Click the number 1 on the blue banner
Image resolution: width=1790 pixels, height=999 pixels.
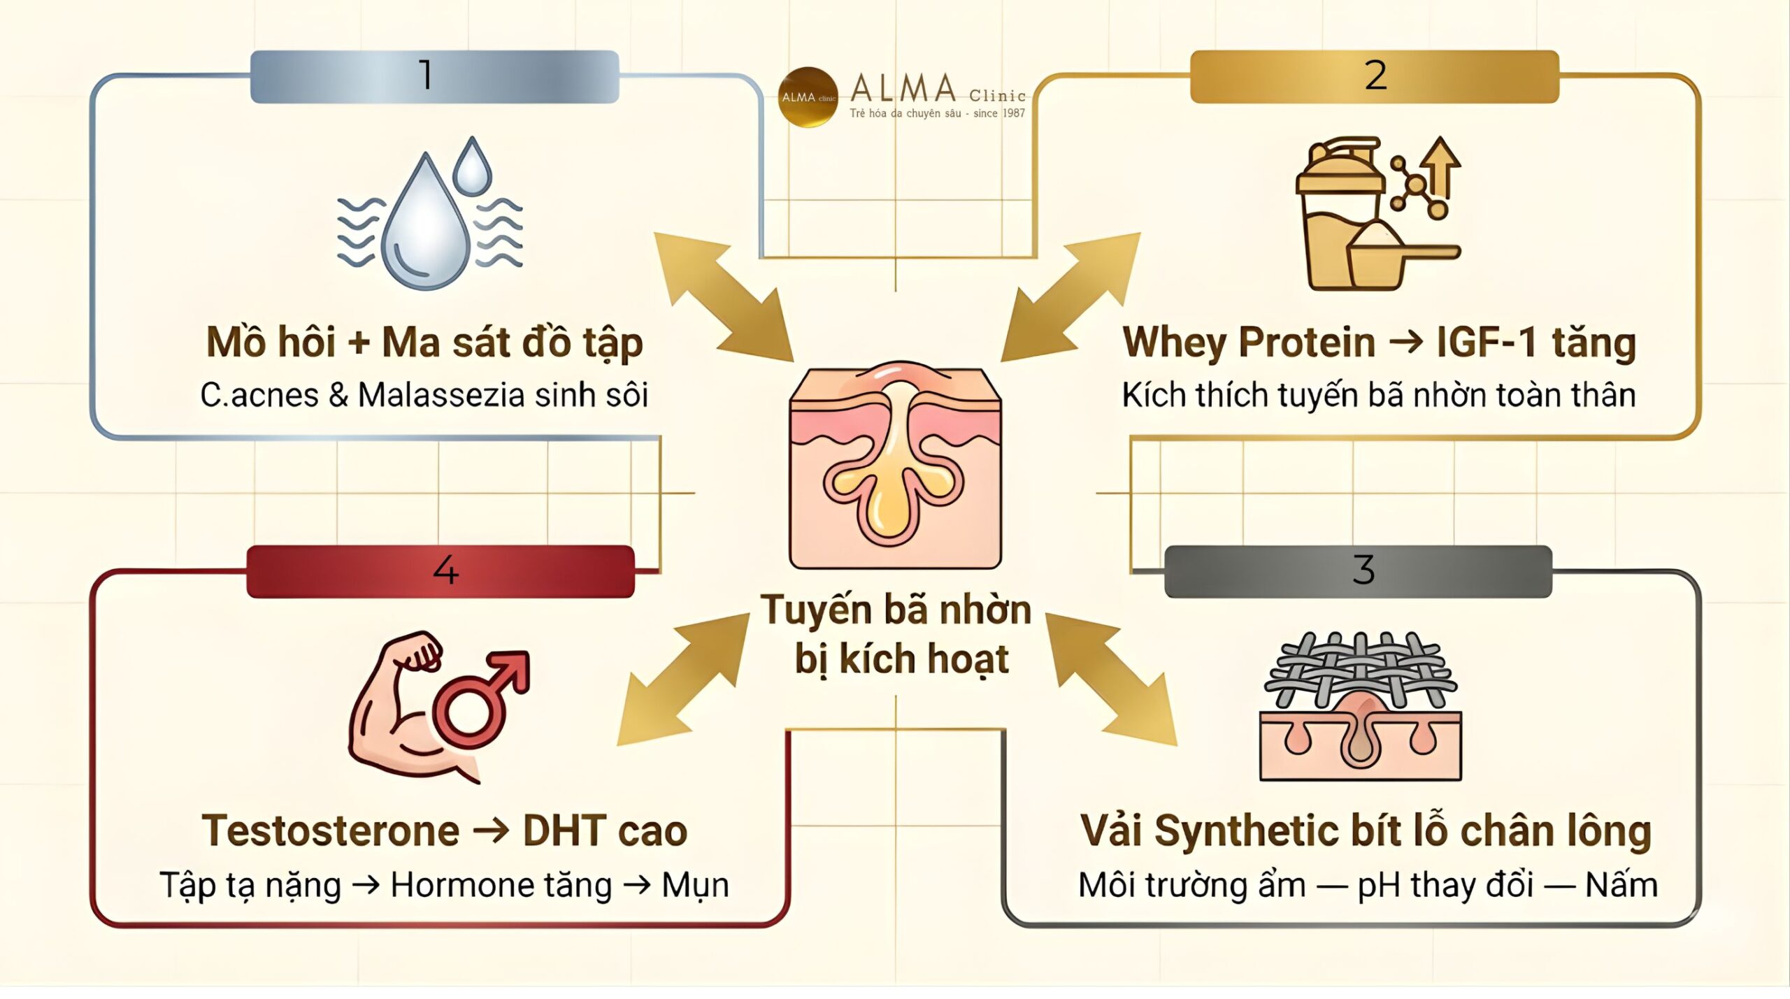point(425,76)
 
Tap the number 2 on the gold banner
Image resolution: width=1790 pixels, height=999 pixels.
point(1375,76)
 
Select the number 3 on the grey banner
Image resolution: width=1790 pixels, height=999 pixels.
point(1363,570)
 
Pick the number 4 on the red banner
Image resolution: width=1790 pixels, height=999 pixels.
point(445,570)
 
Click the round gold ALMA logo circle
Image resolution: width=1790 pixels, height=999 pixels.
point(808,97)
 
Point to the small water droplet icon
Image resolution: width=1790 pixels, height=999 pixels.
point(472,168)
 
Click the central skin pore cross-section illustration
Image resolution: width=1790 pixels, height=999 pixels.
point(895,465)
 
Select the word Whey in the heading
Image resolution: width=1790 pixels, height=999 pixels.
point(1174,343)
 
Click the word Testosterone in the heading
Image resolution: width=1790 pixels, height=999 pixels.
point(330,831)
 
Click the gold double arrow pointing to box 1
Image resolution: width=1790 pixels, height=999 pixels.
point(724,297)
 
